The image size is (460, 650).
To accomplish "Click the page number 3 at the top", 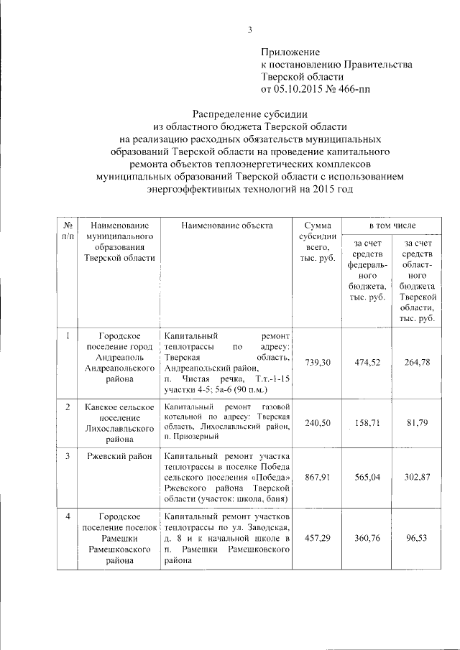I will pos(250,29).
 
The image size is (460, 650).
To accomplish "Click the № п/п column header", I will pos(68,231).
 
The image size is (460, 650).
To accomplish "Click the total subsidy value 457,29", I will pos(318,537).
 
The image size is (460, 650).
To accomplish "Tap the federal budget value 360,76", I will pos(367,537).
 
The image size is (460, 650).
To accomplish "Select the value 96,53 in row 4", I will pos(418,537).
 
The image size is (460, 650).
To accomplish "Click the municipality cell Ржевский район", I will pos(117,455).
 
